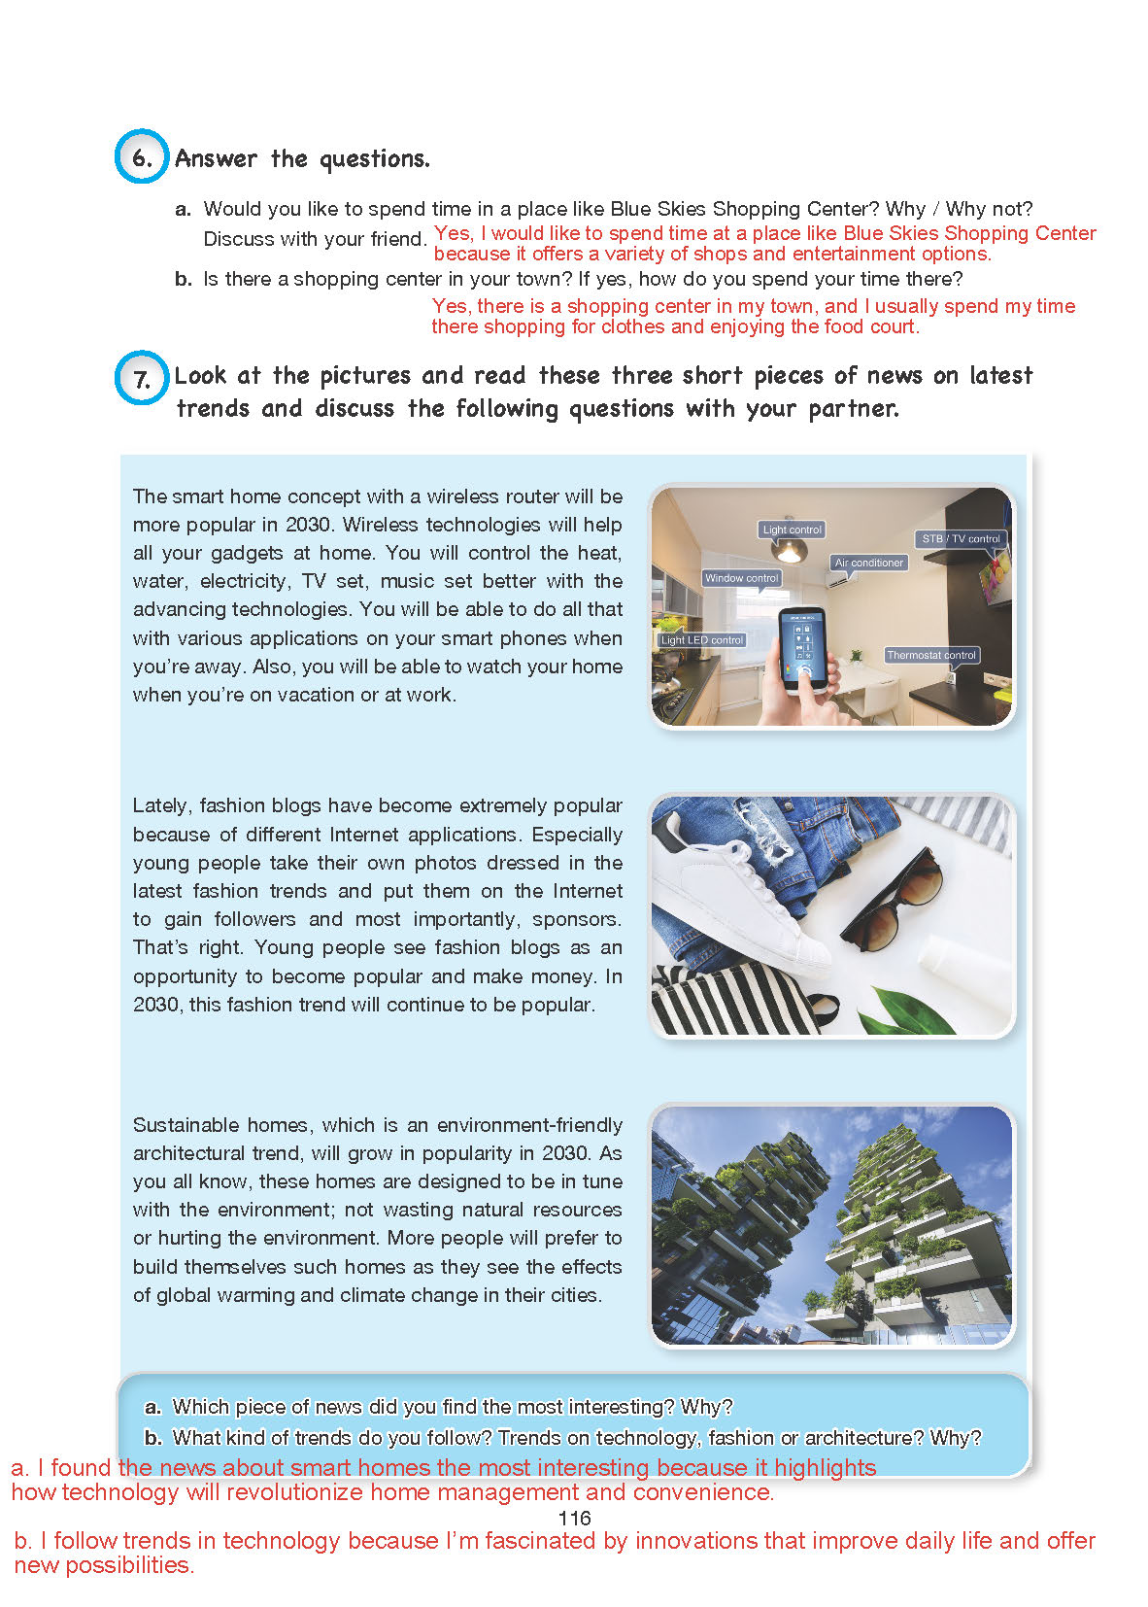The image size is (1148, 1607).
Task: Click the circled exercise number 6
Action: pos(142,157)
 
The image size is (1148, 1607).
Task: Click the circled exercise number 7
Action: pos(142,377)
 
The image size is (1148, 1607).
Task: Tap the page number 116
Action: pos(574,1518)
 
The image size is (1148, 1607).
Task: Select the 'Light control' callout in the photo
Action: pos(792,530)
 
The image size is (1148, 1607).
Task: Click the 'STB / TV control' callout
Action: pos(961,538)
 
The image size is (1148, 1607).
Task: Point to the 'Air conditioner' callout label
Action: pos(868,563)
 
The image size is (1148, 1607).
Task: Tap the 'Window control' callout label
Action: pos(741,578)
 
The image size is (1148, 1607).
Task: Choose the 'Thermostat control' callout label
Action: pos(930,655)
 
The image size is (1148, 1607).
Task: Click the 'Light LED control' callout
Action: pos(701,640)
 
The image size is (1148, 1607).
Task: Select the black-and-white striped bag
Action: pos(728,1001)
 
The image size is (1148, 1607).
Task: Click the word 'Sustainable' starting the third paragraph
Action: pos(185,1125)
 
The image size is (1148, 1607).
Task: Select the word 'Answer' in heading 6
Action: pos(216,158)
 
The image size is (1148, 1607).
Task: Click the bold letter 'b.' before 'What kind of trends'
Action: pos(152,1437)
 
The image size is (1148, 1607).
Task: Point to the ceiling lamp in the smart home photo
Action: pos(790,551)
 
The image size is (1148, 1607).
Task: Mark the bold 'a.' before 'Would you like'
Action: pos(184,209)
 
